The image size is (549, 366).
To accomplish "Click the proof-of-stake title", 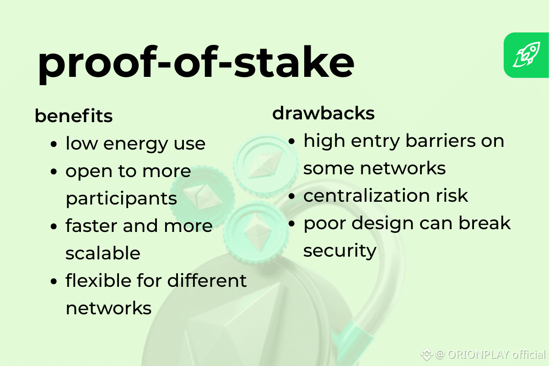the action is pyautogui.click(x=196, y=64).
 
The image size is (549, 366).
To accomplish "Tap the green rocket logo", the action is pyautogui.click(x=526, y=55).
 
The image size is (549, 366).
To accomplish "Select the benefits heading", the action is pyautogui.click(x=74, y=116).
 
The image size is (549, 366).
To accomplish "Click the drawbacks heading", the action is pyautogui.click(x=323, y=113).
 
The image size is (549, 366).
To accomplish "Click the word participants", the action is pyautogui.click(x=121, y=199).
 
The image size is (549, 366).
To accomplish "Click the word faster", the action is pyautogui.click(x=91, y=226).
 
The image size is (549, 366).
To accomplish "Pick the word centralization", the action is pyautogui.click(x=366, y=196).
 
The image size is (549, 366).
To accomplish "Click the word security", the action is pyautogui.click(x=339, y=251).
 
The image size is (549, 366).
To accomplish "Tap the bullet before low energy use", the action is pyautogui.click(x=54, y=144).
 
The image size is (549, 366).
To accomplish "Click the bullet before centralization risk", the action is pyautogui.click(x=291, y=196).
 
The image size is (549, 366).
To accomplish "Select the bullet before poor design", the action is pyautogui.click(x=291, y=223).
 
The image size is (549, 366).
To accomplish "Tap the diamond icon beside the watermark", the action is pyautogui.click(x=427, y=354).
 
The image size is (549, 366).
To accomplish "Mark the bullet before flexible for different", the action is pyautogui.click(x=54, y=281).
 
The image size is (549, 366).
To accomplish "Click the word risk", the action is pyautogui.click(x=452, y=196).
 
